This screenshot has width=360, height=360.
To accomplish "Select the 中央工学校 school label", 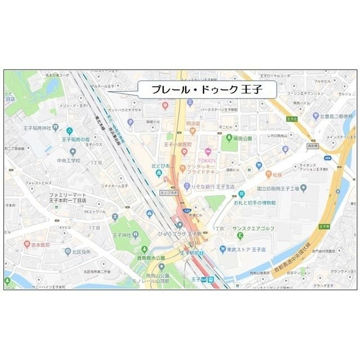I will (x=69, y=160).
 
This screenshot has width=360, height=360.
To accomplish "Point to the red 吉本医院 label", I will (x=40, y=245).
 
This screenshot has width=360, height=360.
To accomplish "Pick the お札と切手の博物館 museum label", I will (x=252, y=202).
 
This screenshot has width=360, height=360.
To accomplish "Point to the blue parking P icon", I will (x=130, y=121).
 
